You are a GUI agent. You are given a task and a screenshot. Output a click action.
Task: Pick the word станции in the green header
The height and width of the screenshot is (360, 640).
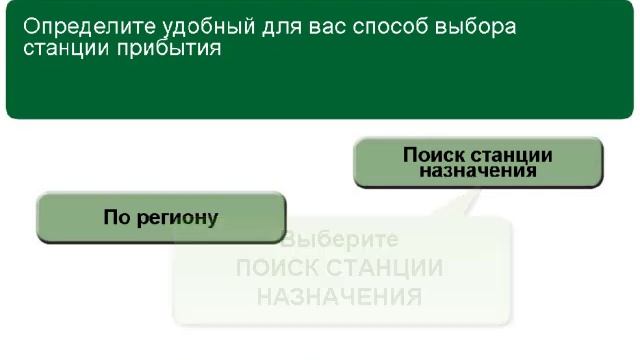point(62,49)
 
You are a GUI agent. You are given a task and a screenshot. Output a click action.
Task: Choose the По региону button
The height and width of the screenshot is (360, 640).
point(161,217)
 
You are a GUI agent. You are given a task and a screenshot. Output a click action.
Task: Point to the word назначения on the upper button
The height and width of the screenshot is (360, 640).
point(478,171)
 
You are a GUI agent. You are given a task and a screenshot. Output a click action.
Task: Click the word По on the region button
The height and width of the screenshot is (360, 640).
point(116,217)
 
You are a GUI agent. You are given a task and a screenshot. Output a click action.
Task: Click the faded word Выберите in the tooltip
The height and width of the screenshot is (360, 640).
point(341,241)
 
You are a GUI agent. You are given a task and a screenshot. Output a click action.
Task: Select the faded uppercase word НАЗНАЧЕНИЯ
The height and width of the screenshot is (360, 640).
point(339,297)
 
